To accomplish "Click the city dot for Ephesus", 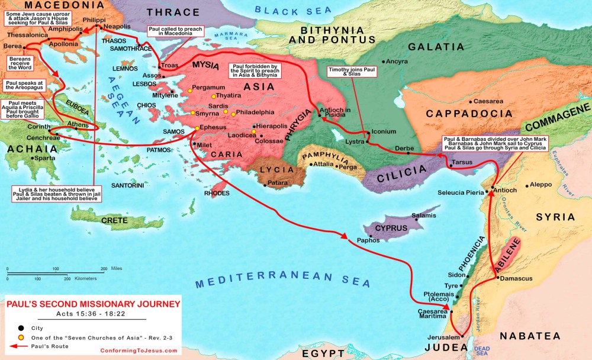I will click(x=197, y=128).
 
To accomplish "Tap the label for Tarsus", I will click(x=462, y=161).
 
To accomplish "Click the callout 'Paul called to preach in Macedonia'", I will click(x=175, y=31).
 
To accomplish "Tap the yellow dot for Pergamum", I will click(x=190, y=90).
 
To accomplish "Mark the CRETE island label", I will click(x=114, y=220).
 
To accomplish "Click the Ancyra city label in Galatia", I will click(x=397, y=61).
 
